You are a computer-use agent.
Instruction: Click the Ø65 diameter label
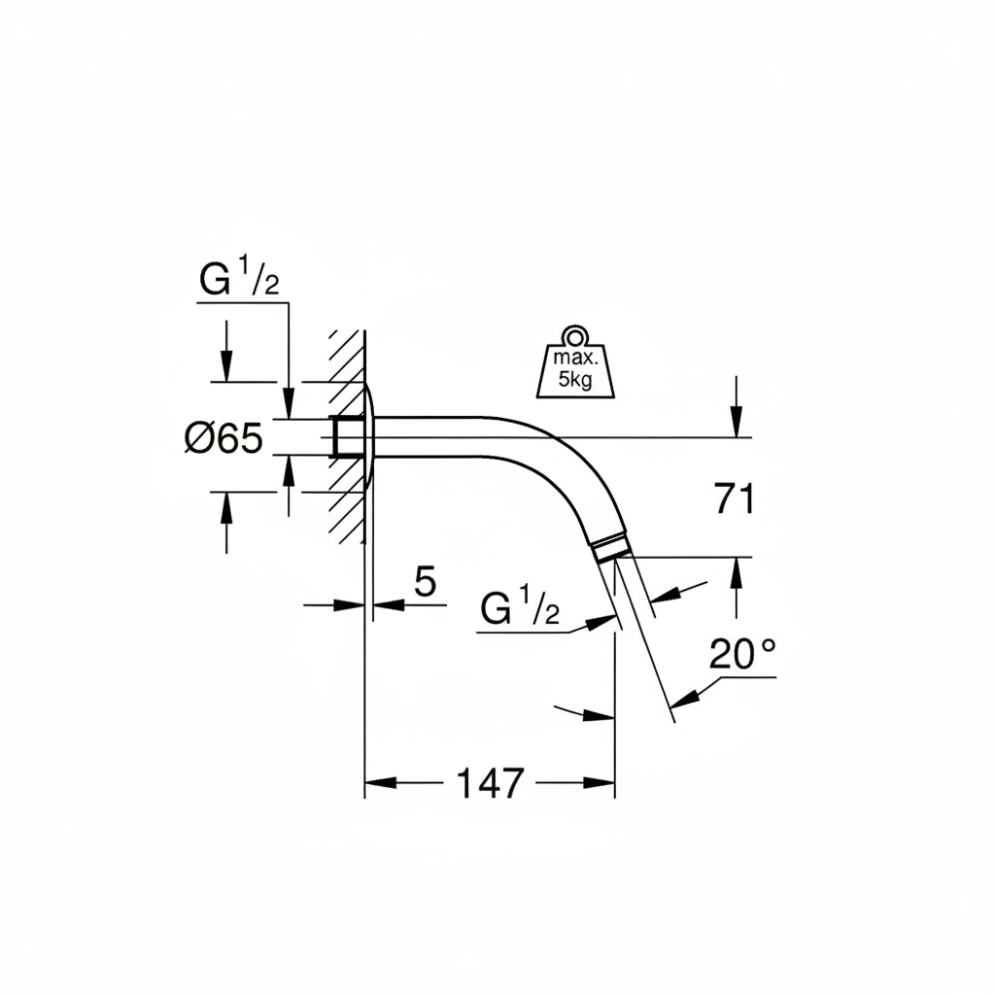(x=223, y=438)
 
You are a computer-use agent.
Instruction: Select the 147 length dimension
(x=491, y=782)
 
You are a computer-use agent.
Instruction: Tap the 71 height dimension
(x=735, y=498)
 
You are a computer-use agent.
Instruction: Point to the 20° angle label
(x=742, y=654)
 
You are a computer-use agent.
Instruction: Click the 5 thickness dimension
(x=426, y=581)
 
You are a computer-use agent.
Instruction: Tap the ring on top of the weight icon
(x=575, y=335)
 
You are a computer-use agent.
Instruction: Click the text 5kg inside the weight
(x=575, y=380)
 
